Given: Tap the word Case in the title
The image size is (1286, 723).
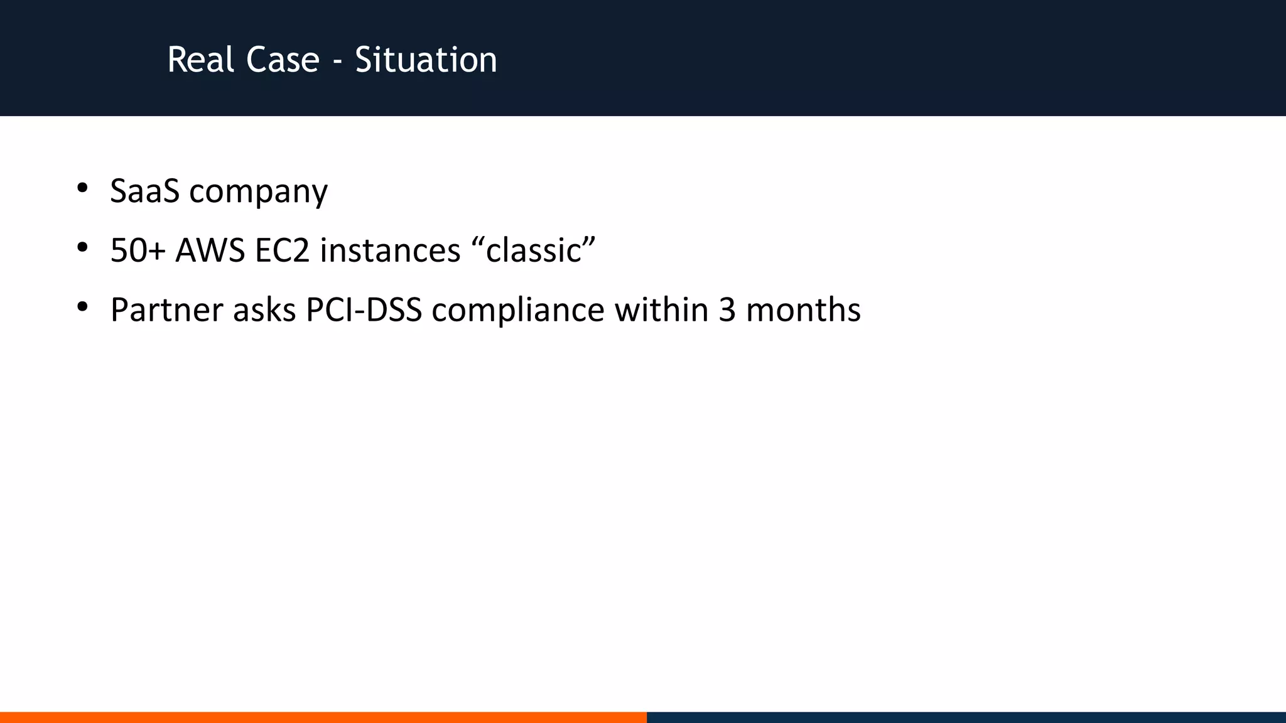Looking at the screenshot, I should tap(283, 60).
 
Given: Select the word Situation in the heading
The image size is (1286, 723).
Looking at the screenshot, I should tap(426, 60).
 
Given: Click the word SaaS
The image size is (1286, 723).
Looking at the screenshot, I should tap(144, 191).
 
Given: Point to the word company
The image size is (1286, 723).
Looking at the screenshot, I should tap(258, 192).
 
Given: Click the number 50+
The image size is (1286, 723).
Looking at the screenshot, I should tap(138, 250).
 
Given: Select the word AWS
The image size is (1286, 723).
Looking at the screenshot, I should tap(210, 250).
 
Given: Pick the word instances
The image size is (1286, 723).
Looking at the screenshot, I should tap(390, 250).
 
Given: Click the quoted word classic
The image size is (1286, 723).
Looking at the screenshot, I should tap(533, 250).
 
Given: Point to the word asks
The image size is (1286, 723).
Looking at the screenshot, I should tap(264, 310).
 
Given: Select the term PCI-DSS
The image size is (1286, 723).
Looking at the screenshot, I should tap(364, 310).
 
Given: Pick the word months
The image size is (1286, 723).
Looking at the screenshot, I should tap(803, 310).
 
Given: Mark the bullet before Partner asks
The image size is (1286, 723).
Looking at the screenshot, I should tap(82, 308).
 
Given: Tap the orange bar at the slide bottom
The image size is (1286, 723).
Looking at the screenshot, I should tap(323, 717).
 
